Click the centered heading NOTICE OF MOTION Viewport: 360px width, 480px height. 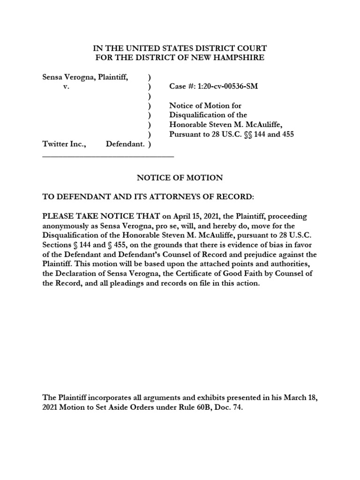(180, 178)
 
